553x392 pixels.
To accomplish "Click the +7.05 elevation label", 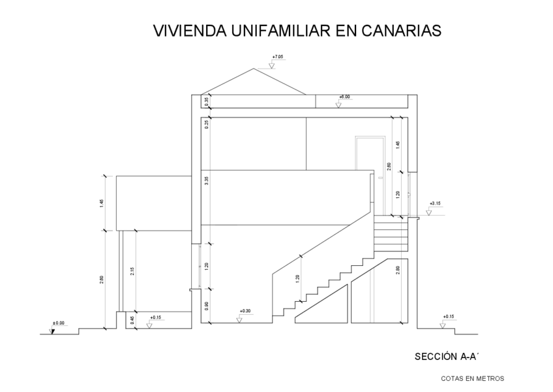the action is tap(278, 57).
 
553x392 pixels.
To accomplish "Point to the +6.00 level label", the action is tap(344, 97).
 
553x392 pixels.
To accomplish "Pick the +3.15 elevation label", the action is tap(436, 203).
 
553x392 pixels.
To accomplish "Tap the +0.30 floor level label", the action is tap(245, 311).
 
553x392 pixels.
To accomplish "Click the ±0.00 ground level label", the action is tap(59, 323).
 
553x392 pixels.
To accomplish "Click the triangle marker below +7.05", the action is tap(273, 65).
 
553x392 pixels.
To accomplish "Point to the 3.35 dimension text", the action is tap(207, 181).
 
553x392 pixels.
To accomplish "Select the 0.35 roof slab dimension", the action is tap(207, 101).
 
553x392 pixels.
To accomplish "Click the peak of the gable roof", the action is tap(253, 68).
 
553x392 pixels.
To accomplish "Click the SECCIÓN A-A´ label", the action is tap(441, 357).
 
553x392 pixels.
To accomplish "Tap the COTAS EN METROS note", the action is tap(472, 378).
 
